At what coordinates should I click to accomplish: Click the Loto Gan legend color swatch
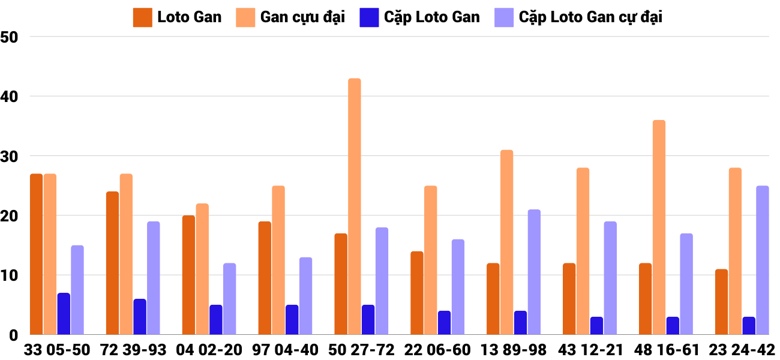[x=142, y=17]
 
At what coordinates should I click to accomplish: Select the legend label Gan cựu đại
[x=302, y=17]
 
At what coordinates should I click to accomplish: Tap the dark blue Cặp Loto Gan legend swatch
[x=368, y=17]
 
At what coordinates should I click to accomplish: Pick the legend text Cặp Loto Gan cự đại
[x=590, y=17]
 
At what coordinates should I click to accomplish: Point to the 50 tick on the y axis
[x=11, y=37]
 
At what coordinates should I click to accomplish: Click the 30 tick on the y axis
[x=11, y=156]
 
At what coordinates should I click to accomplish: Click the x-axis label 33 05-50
[x=57, y=350]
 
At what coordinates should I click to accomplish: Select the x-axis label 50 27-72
[x=361, y=350]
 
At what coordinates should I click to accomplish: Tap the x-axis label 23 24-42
[x=742, y=350]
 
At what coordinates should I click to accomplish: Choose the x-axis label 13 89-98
[x=514, y=350]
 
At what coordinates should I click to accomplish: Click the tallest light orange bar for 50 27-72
[x=355, y=206]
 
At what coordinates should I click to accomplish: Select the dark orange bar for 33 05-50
[x=37, y=254]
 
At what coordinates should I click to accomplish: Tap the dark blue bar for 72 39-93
[x=140, y=317]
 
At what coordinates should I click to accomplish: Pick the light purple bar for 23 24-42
[x=763, y=260]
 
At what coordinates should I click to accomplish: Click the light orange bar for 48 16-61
[x=659, y=227]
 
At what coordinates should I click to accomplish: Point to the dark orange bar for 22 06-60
[x=417, y=293]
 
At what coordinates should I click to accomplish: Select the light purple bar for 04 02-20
[x=229, y=299]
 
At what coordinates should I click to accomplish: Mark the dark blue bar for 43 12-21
[x=596, y=326]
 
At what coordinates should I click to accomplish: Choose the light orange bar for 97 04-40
[x=278, y=260]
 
